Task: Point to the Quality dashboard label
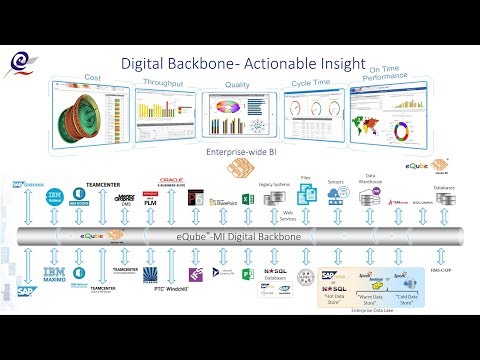pos(237,85)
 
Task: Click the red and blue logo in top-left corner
pos(21,65)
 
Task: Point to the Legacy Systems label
pos(274,181)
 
